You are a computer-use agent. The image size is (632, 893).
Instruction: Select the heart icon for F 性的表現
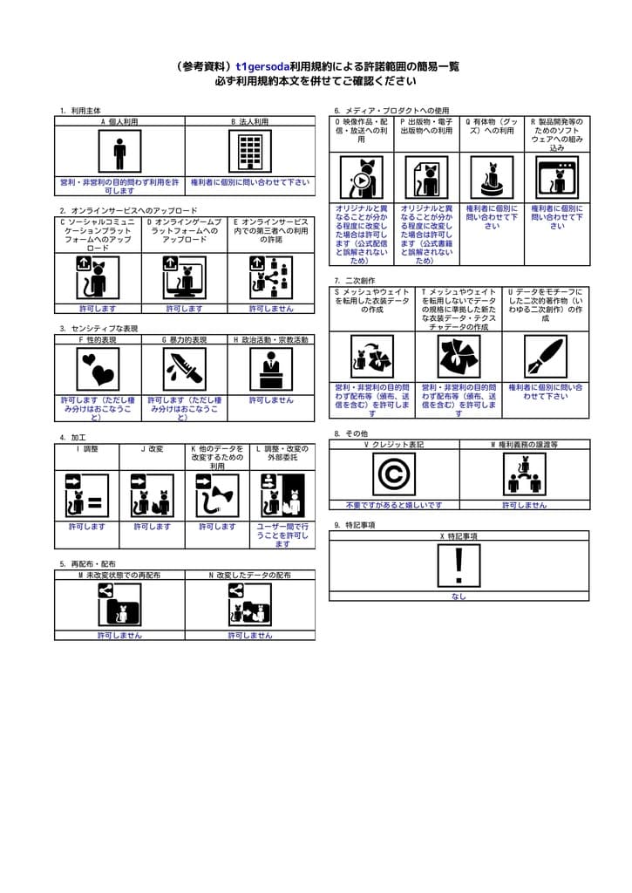(x=98, y=370)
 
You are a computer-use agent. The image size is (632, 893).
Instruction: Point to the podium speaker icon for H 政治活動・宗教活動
(x=271, y=370)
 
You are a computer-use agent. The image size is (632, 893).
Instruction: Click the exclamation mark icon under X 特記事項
(x=459, y=565)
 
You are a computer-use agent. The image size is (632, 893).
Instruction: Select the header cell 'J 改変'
(x=152, y=449)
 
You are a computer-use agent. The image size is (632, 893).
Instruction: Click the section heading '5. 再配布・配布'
(x=87, y=563)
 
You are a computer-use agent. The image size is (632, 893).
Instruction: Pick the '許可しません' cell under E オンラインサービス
(x=271, y=309)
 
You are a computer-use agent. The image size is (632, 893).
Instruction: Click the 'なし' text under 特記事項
(x=459, y=596)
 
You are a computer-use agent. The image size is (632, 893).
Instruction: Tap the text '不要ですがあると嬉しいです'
(x=394, y=505)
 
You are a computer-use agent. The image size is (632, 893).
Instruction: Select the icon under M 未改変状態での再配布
(x=119, y=604)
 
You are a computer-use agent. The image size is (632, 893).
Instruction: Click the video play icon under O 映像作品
(x=361, y=178)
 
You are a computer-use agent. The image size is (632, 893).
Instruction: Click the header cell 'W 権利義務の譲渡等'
(x=524, y=445)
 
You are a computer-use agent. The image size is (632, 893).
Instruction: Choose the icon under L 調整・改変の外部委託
(x=282, y=496)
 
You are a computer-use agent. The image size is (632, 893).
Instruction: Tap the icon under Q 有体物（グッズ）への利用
(x=492, y=178)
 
